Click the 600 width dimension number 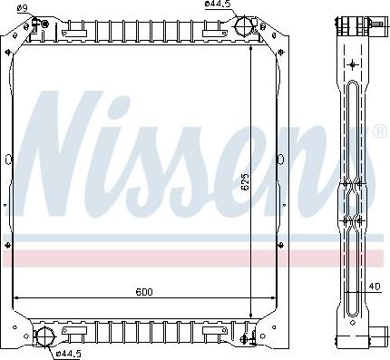point(143,292)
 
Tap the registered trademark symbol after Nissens point(379,132)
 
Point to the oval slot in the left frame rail point(8,161)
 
